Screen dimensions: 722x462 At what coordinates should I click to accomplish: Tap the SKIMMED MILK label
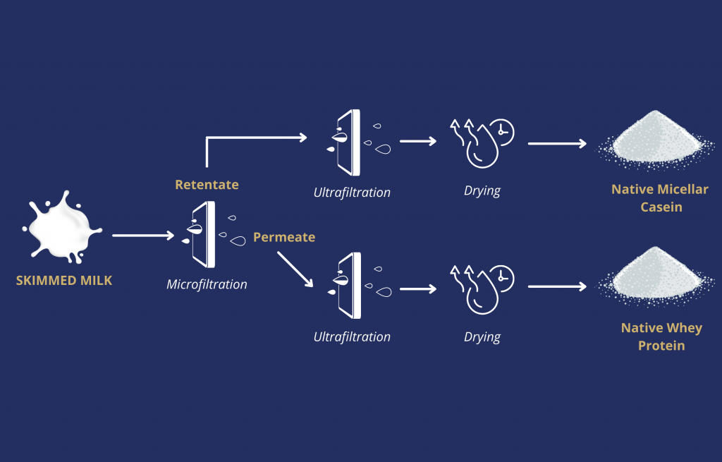64,281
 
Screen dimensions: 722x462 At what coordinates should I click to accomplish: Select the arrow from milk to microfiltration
143,236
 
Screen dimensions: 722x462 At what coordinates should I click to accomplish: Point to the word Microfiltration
207,285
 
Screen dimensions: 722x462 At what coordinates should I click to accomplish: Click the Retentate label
207,185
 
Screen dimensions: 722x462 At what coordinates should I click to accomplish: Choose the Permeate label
284,238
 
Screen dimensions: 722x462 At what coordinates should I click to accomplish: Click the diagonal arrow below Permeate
295,269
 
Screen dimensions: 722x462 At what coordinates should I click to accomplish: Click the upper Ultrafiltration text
352,193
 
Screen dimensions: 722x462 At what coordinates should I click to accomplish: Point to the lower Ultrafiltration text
352,337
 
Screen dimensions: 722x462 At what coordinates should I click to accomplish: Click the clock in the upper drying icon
502,132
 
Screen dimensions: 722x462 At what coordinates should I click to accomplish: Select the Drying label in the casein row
482,191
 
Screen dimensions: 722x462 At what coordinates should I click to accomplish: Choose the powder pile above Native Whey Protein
656,276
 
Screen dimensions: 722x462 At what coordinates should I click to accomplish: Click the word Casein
661,207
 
